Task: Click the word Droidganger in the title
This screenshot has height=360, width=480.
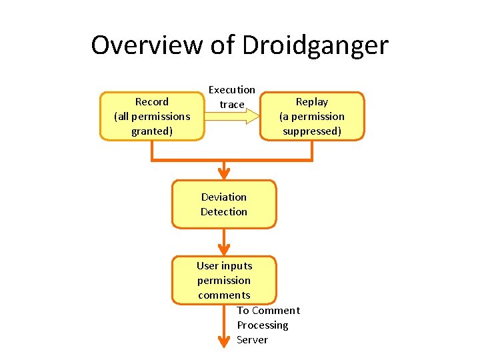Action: [x=315, y=45]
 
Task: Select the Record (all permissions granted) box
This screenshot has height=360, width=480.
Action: [x=152, y=116]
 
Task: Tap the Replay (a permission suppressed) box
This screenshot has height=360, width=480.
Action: [x=312, y=116]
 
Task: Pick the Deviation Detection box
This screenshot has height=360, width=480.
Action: [x=224, y=204]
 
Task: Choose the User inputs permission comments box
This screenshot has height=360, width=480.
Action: [x=224, y=280]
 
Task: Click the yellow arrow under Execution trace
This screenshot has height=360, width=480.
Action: [x=232, y=117]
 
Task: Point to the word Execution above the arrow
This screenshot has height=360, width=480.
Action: [x=232, y=90]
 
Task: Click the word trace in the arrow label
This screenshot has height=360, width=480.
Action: [x=232, y=104]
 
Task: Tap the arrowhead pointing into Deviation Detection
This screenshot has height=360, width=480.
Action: [x=224, y=173]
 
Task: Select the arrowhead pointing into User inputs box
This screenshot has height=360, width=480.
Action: [x=224, y=249]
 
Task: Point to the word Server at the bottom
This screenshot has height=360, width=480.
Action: [x=252, y=340]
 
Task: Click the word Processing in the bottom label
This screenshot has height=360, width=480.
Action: [x=263, y=325]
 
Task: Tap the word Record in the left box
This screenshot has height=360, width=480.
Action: [x=152, y=102]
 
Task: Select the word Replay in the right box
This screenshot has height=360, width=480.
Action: [x=312, y=102]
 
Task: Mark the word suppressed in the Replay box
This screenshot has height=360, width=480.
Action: [x=312, y=131]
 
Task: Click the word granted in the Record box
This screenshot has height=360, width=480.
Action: [x=152, y=131]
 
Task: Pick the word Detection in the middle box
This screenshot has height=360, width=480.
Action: [x=224, y=212]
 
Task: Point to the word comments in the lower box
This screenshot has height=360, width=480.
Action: [x=224, y=295]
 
